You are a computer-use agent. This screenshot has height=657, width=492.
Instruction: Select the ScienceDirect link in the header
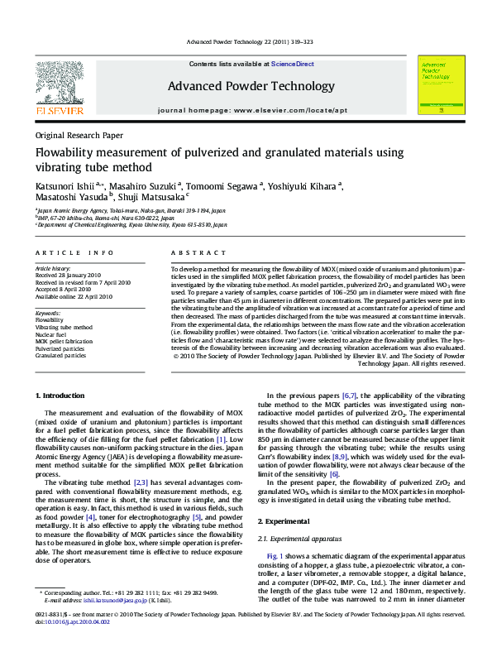[x=293, y=64]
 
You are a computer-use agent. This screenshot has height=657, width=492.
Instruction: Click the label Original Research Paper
[x=79, y=135]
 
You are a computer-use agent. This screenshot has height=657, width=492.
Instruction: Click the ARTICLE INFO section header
[x=74, y=252]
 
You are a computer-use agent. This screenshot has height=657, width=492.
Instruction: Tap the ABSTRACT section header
[x=198, y=252]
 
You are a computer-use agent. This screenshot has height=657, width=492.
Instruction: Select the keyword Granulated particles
[x=60, y=356]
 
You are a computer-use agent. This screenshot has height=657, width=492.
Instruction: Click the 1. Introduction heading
[x=63, y=396]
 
